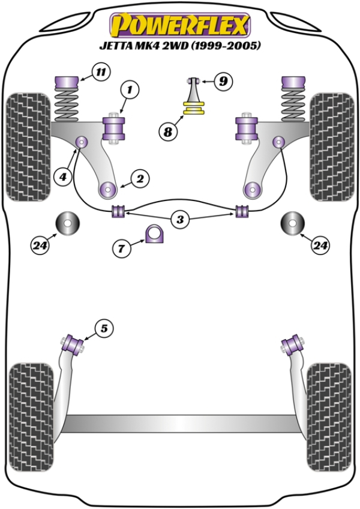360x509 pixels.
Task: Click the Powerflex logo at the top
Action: coord(179,26)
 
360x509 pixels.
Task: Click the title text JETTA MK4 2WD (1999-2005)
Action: coord(179,46)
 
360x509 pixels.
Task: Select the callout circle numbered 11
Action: coord(101,73)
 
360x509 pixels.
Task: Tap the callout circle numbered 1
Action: coord(131,91)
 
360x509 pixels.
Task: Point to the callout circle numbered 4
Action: coord(62,176)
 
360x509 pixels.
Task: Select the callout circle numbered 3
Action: coord(180,220)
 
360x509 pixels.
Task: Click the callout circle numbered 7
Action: coord(122,247)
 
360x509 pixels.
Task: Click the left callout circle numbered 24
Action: coord(41,244)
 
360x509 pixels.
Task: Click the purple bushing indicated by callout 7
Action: coord(155,233)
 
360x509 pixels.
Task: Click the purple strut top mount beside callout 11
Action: coord(67,79)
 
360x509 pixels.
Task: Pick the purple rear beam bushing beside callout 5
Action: coord(76,343)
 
